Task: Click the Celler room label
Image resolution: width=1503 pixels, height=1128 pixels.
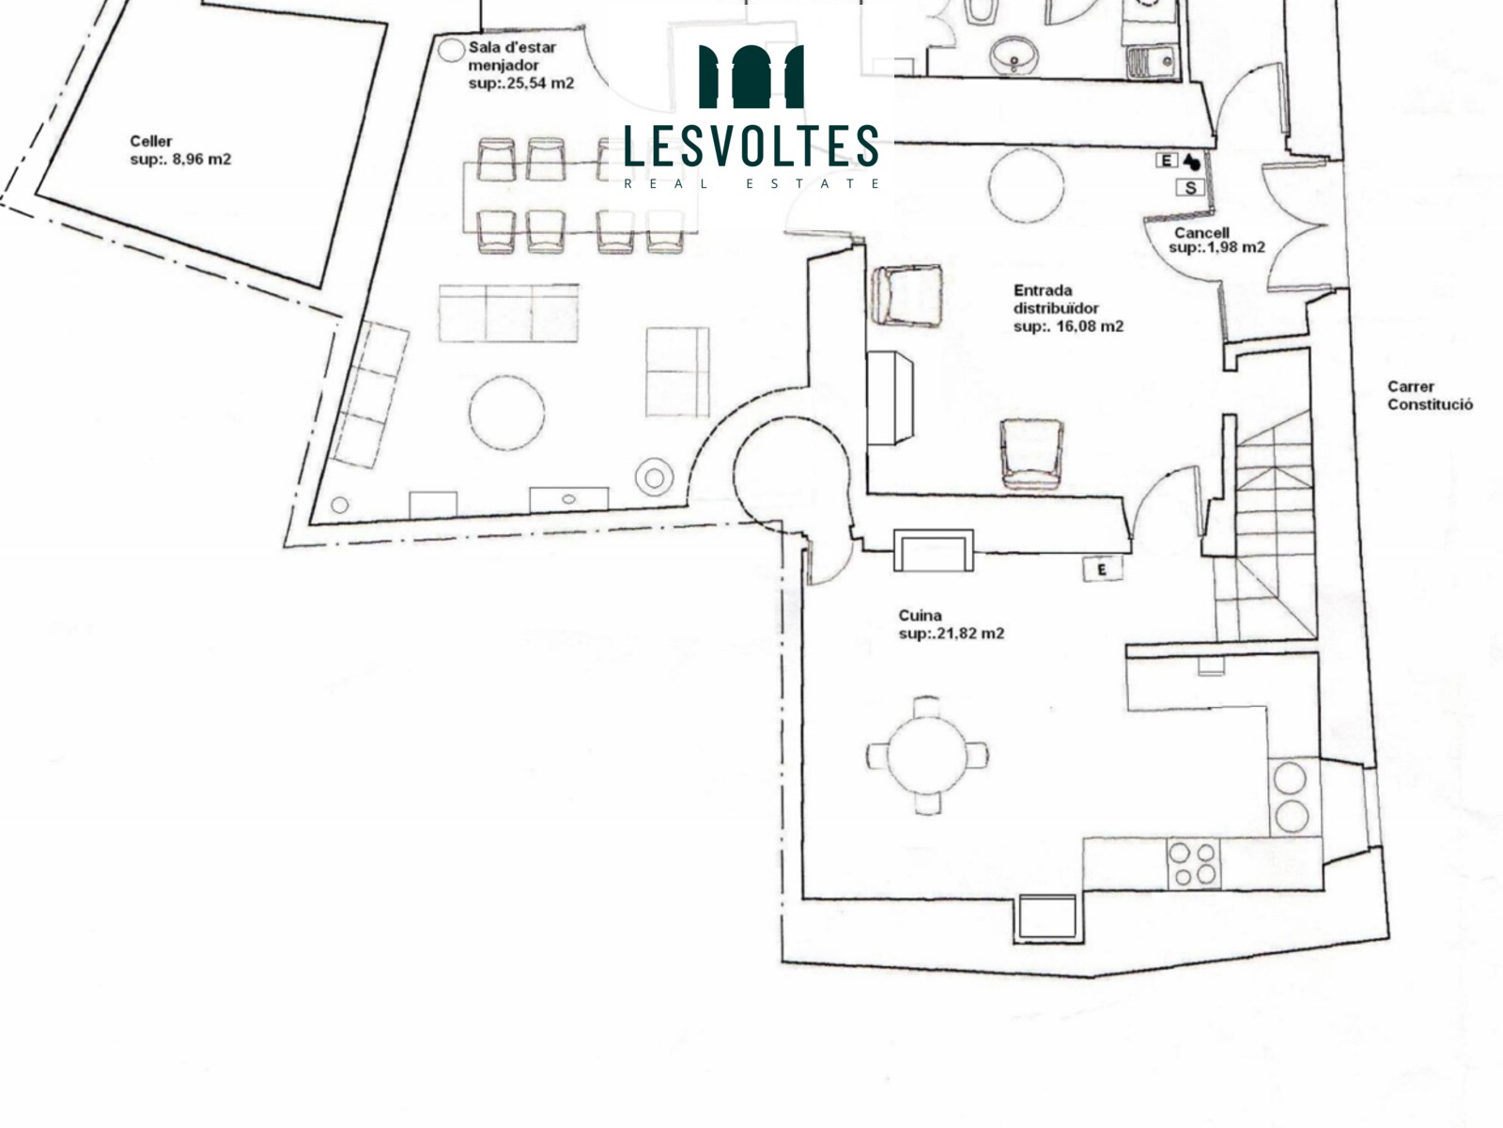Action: pyautogui.click(x=151, y=141)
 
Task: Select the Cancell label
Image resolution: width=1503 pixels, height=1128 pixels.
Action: pyautogui.click(x=1201, y=233)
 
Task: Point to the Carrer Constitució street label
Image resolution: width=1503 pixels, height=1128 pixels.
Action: pyautogui.click(x=1431, y=395)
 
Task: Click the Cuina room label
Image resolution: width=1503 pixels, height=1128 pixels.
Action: pyautogui.click(x=920, y=615)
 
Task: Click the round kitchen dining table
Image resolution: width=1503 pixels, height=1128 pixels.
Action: pyautogui.click(x=927, y=756)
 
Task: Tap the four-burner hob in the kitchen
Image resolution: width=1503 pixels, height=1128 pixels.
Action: pyautogui.click(x=1194, y=864)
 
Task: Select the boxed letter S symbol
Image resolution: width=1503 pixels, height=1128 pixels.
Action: pyautogui.click(x=1191, y=188)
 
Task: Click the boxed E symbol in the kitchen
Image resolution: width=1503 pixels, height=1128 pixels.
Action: pyautogui.click(x=1103, y=570)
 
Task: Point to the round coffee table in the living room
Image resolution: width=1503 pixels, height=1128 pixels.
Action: pyautogui.click(x=506, y=413)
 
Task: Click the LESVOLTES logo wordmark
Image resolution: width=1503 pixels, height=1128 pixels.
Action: pyautogui.click(x=751, y=145)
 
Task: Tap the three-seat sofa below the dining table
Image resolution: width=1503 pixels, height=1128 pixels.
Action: pyautogui.click(x=508, y=313)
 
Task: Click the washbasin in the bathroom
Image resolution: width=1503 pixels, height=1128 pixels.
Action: pyautogui.click(x=1015, y=55)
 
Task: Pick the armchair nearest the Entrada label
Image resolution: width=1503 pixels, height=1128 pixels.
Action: pyautogui.click(x=906, y=296)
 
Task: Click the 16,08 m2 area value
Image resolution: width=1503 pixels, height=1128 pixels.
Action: pyautogui.click(x=1090, y=326)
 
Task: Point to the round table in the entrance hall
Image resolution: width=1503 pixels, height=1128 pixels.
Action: pyautogui.click(x=1027, y=185)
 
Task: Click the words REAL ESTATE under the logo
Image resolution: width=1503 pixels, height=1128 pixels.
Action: pyautogui.click(x=751, y=183)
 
